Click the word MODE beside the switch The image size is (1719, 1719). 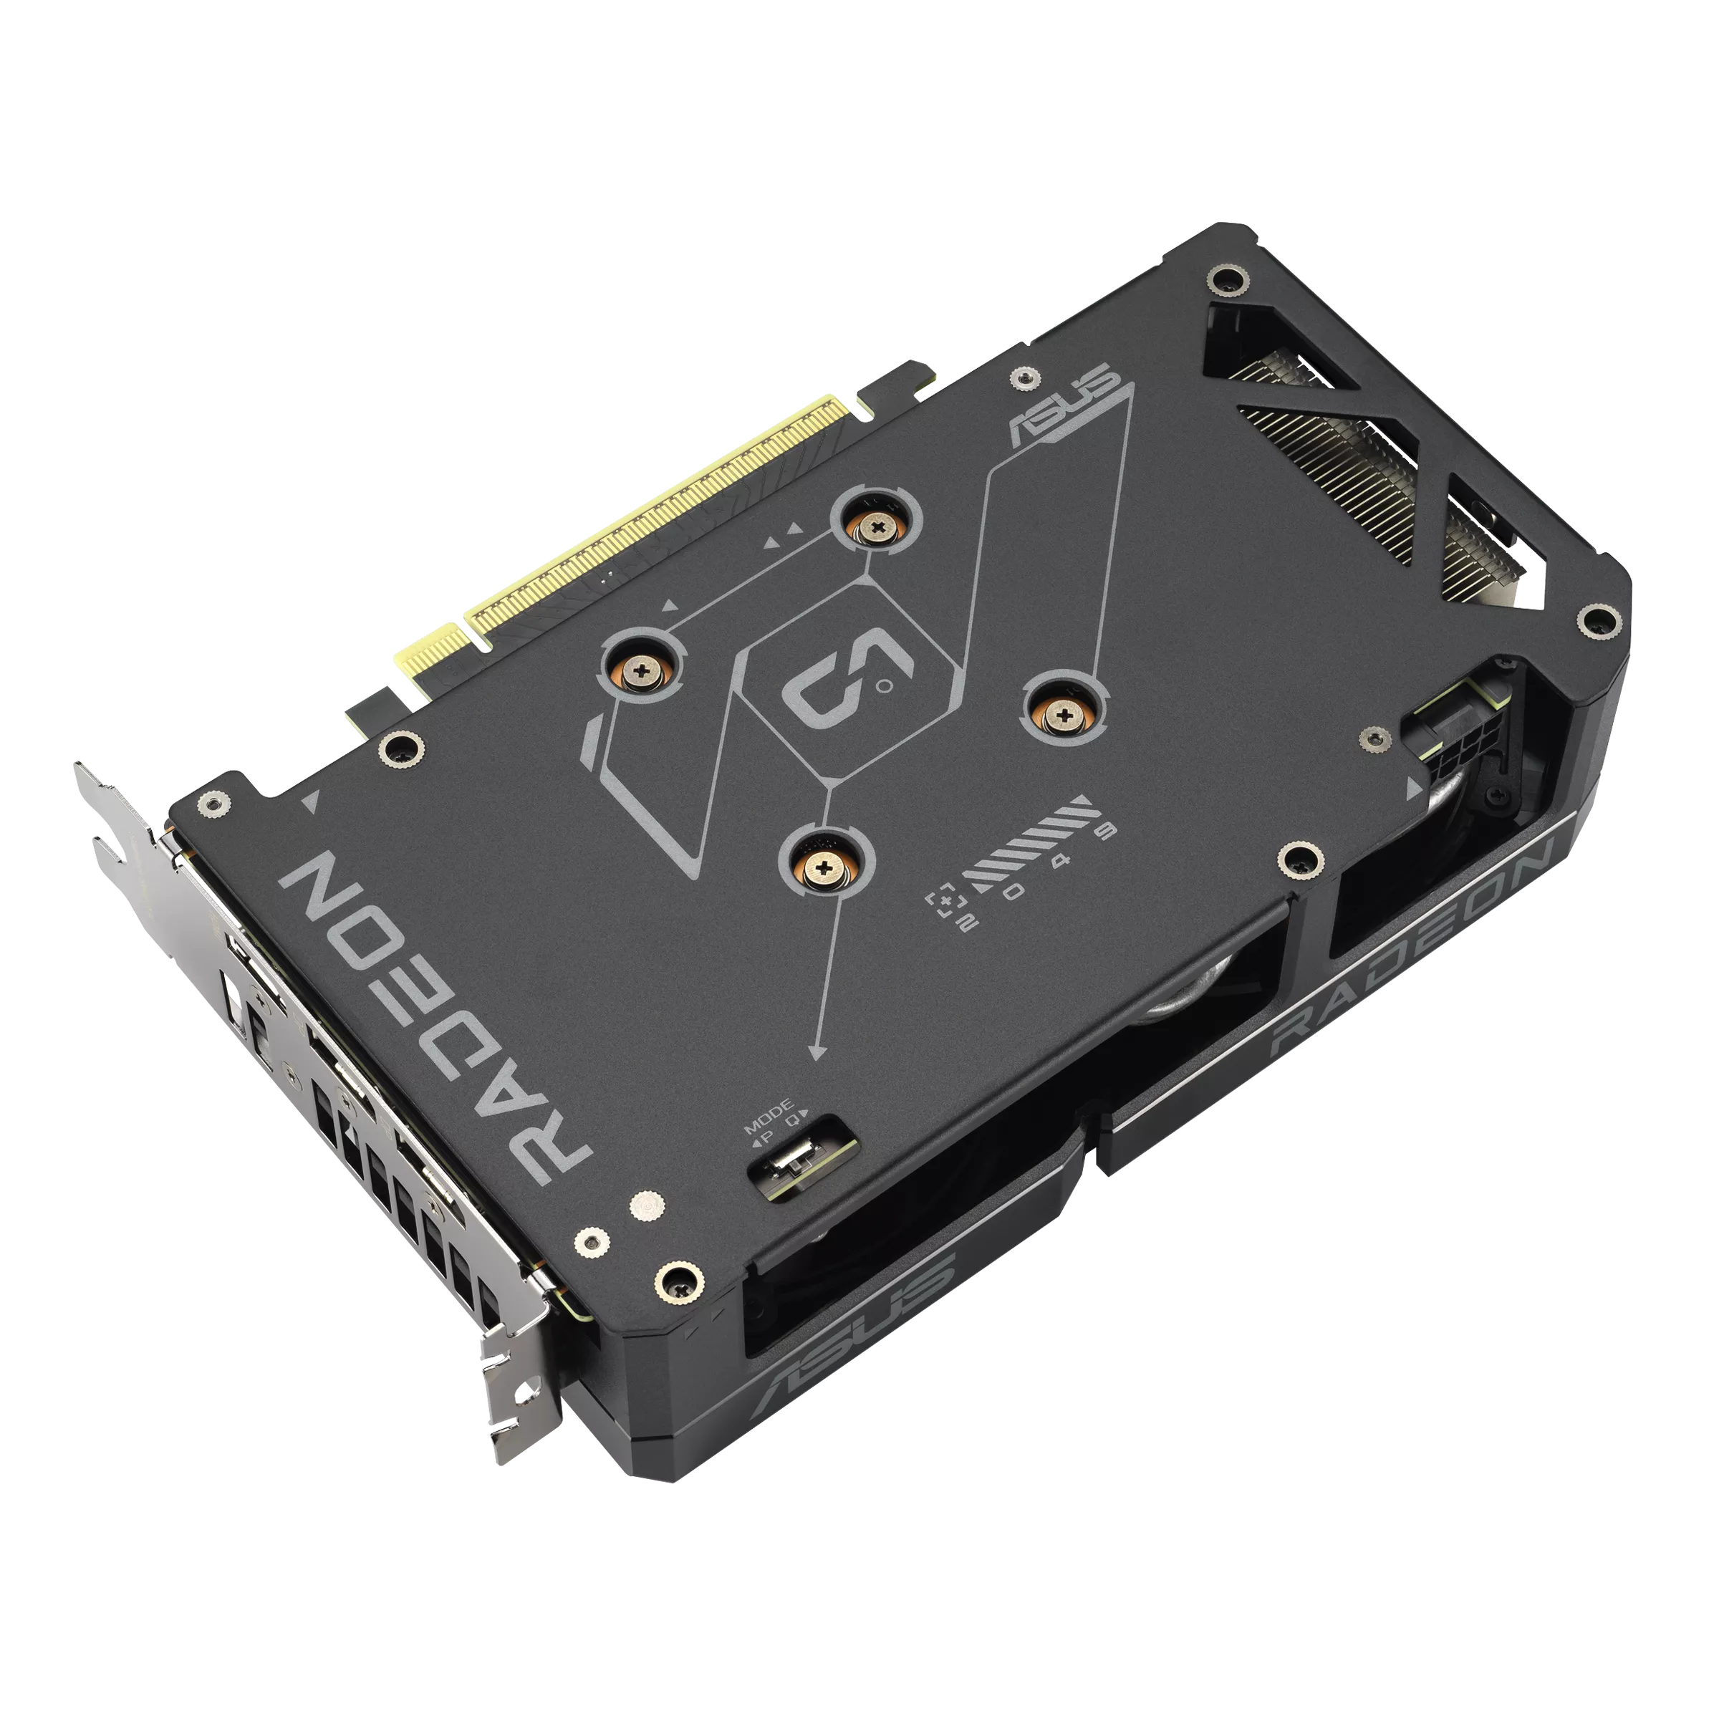pyautogui.click(x=768, y=1109)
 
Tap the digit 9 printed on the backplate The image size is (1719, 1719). pyautogui.click(x=1106, y=832)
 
